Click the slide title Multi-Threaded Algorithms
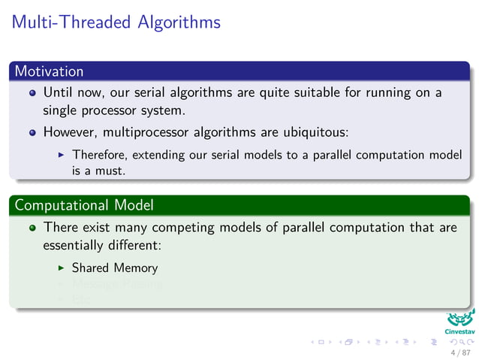click(x=116, y=22)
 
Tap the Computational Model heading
click(x=83, y=204)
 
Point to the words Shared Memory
click(x=115, y=268)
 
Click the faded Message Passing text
click(x=117, y=284)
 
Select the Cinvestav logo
click(x=459, y=321)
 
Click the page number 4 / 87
click(x=459, y=352)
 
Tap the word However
click(x=69, y=132)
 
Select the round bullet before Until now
click(x=32, y=94)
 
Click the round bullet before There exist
click(x=32, y=227)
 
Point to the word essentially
click(x=78, y=245)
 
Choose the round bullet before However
click(x=32, y=132)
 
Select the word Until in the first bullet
click(x=58, y=93)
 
